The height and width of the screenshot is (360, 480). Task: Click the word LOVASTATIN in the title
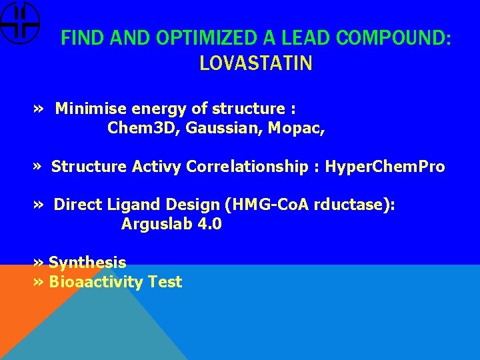coord(255,63)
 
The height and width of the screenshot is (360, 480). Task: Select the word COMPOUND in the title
coord(393,38)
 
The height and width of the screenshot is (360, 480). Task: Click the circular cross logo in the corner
coord(19,22)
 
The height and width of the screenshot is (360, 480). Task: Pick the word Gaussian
coord(223,127)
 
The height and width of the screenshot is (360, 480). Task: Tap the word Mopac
coord(296,127)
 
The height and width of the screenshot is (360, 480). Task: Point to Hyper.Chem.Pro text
coord(385,167)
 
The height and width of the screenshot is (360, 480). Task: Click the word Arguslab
coord(157,225)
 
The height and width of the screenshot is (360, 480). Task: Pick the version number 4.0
coord(210,225)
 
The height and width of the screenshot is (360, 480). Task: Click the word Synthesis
coord(87,263)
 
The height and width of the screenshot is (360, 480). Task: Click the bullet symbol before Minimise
coord(39,108)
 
